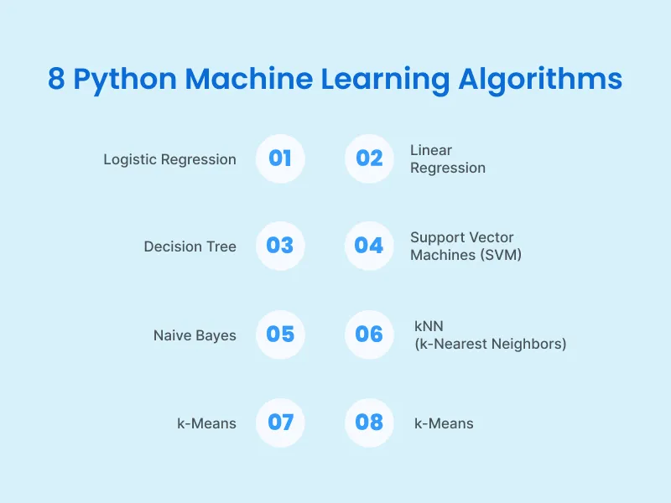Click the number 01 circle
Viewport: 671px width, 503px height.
[280, 158]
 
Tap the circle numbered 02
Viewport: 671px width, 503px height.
[369, 158]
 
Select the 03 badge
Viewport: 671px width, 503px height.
[280, 246]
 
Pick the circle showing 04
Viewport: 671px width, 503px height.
[369, 246]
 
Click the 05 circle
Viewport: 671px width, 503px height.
[280, 334]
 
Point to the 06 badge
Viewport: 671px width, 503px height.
[369, 334]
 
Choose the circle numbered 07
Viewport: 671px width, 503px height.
[280, 423]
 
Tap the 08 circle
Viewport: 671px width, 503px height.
[369, 423]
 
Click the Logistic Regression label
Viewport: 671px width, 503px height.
[169, 159]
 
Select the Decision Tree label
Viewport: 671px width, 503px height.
[190, 246]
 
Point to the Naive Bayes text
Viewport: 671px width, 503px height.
[195, 335]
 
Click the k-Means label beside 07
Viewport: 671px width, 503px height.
[206, 423]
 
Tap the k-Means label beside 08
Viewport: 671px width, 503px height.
[444, 423]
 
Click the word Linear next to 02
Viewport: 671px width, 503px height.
[430, 150]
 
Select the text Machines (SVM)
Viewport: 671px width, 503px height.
[466, 255]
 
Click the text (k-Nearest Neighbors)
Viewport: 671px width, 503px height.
[491, 344]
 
